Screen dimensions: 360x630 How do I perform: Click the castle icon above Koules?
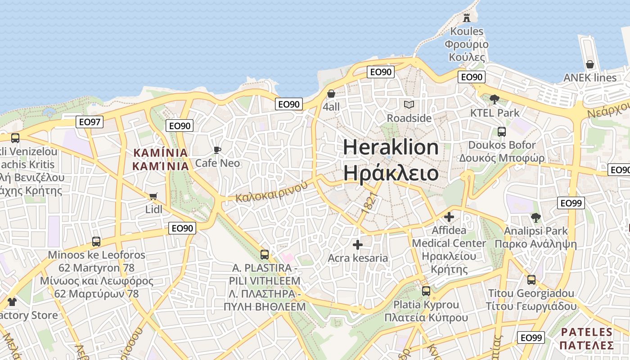[x=467, y=18]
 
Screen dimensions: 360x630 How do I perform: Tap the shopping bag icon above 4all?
[x=331, y=94]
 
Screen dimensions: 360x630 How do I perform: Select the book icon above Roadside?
[x=409, y=105]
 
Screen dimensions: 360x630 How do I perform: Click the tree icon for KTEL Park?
[x=495, y=99]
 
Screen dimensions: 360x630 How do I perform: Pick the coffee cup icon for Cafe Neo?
[x=217, y=150]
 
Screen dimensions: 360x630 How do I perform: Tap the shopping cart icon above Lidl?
[x=153, y=196]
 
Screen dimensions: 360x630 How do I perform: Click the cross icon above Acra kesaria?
[x=358, y=245]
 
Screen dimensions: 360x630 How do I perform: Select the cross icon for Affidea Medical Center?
[x=449, y=217]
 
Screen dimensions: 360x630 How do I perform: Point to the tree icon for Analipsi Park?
[x=535, y=218]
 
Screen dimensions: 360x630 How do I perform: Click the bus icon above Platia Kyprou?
[x=426, y=291]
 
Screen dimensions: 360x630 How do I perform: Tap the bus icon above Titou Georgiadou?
[x=531, y=280]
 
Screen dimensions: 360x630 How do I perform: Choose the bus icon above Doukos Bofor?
[x=501, y=132]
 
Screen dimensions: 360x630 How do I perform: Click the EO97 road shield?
[x=90, y=122]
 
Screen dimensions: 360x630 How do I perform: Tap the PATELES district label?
[x=587, y=333]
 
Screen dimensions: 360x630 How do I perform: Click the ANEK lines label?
[x=590, y=78]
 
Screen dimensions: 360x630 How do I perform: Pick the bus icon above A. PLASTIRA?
[x=265, y=255]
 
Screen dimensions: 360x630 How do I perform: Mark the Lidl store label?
[x=153, y=209]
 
